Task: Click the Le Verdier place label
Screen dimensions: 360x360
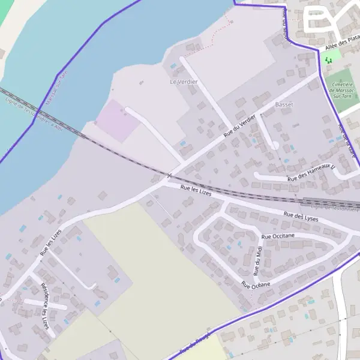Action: pos(184,82)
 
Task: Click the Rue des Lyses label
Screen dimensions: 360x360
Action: pos(301,217)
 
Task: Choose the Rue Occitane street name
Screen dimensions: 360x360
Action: pos(278,237)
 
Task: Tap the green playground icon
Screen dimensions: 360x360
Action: pos(328,59)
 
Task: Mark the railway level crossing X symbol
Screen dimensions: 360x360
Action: pos(170,176)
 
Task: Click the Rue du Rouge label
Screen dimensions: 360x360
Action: pos(196,343)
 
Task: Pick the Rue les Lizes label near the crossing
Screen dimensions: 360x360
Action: pos(197,190)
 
